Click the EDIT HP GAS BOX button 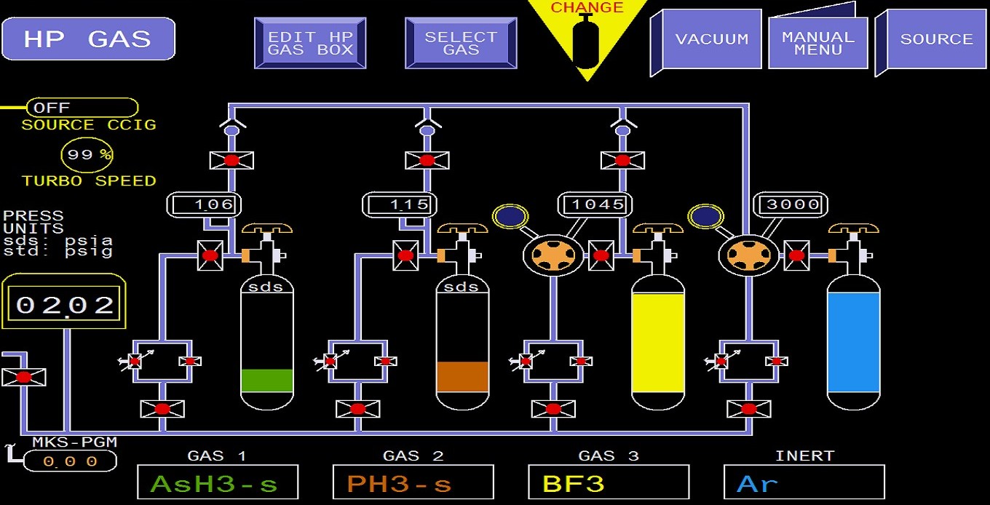coord(310,44)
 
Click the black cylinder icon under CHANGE coord(587,41)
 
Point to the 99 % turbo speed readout coord(87,155)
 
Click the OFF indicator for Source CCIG coord(82,108)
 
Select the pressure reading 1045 coord(595,204)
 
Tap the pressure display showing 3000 coord(791,204)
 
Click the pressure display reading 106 coord(204,204)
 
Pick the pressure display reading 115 coord(400,204)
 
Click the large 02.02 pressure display coord(63,303)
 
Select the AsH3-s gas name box coord(218,482)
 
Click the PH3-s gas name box coord(413,482)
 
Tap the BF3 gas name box coord(609,482)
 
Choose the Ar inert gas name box coord(804,482)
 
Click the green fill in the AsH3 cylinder coord(267,381)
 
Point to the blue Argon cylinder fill coord(853,343)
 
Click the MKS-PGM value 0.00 coord(70,461)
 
